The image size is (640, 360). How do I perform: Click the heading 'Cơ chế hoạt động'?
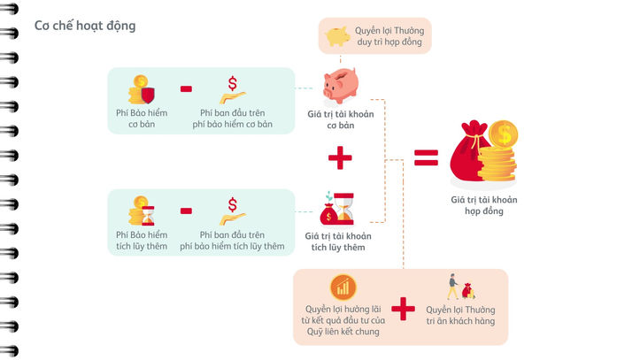[85, 26]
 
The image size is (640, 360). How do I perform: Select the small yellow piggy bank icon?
[336, 36]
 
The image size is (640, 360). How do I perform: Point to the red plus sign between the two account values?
[339, 159]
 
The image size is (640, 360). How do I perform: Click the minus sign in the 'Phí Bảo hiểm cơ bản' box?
[187, 88]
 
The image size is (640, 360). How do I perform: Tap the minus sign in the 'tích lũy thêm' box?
[187, 211]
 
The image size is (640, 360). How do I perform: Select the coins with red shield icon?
[143, 89]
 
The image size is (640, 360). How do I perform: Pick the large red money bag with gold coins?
[483, 152]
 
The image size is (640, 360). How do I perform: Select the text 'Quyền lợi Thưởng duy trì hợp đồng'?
[389, 35]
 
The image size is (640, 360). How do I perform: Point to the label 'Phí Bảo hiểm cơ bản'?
[142, 118]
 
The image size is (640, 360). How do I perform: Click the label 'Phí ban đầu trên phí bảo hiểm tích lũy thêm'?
[232, 240]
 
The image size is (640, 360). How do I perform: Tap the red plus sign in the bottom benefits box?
[403, 309]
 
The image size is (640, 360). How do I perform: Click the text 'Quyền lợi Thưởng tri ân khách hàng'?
[460, 315]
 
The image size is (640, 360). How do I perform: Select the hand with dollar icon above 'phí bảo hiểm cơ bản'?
[232, 89]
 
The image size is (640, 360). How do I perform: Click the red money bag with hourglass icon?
[337, 209]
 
